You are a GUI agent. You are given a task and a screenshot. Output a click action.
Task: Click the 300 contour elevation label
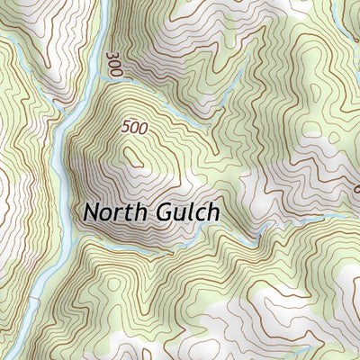click(112, 64)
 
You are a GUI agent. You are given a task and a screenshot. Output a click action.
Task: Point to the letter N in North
click(91, 212)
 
